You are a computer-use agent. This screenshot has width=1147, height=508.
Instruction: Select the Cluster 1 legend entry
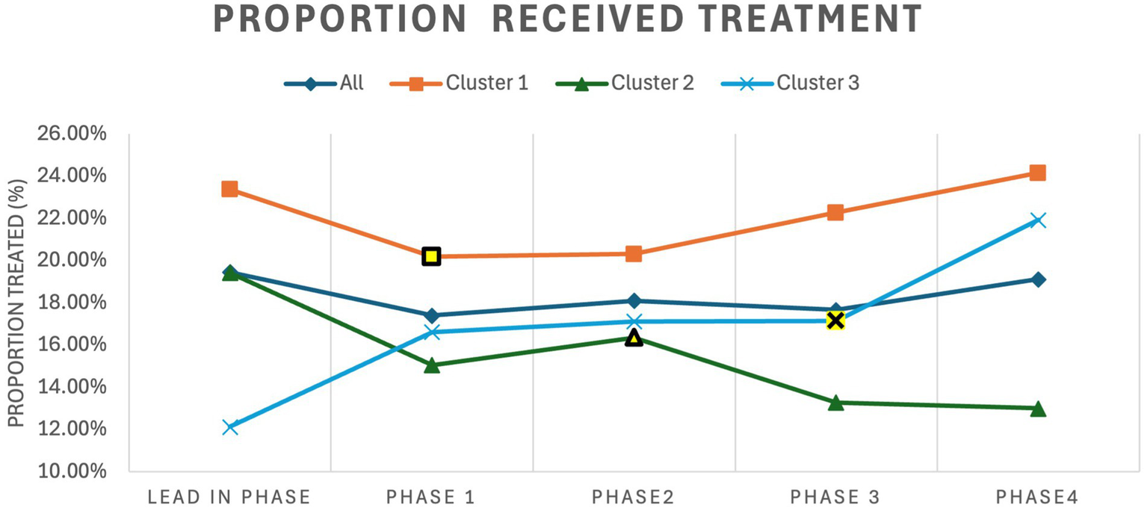486,83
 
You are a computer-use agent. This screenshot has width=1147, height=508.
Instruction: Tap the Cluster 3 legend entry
817,83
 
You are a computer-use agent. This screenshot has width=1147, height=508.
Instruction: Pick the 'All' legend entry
351,83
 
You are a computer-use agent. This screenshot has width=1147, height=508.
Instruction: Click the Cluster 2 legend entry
652,83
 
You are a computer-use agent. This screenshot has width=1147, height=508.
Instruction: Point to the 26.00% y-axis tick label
67,134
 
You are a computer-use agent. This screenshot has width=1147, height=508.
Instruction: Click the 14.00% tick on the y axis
67,387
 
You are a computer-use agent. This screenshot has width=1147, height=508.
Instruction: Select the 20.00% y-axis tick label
67,261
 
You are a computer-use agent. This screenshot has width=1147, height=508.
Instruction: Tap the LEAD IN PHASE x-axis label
230,498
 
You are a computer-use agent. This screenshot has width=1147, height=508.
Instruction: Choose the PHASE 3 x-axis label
835,498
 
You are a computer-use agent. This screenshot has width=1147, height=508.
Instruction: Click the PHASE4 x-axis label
1038,498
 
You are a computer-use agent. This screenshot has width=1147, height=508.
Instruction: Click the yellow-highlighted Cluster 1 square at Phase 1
431,256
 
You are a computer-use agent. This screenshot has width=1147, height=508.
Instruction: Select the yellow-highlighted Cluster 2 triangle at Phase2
634,338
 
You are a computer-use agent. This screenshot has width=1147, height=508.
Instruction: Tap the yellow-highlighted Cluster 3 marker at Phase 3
835,320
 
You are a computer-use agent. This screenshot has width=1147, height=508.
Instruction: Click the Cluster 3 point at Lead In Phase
230,427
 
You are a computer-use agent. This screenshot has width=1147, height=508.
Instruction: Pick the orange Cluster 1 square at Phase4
1038,173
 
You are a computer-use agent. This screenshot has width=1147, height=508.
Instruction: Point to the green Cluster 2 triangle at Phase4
1038,409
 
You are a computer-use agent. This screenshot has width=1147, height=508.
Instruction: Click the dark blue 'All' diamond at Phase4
1038,279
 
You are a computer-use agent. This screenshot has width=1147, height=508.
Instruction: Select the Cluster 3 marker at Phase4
1038,220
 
